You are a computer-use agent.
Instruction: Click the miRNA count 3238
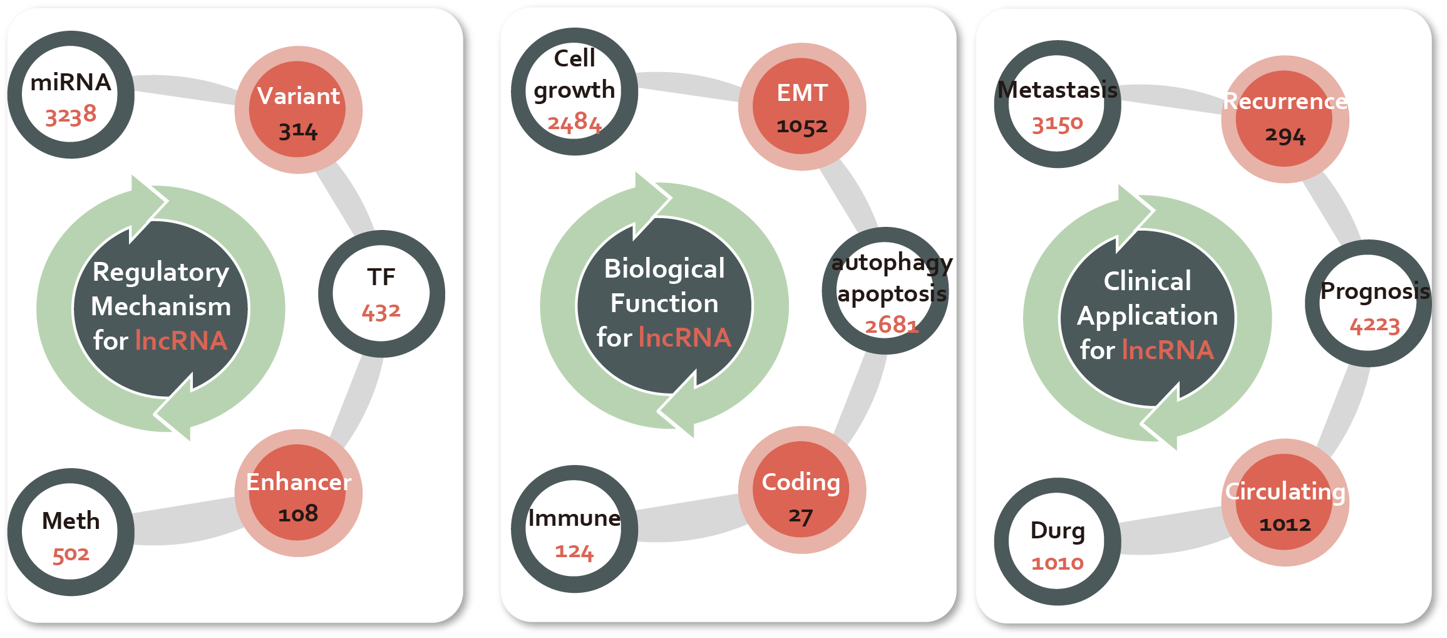click(71, 115)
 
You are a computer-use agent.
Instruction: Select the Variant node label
click(299, 96)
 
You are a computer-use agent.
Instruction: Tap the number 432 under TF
click(381, 311)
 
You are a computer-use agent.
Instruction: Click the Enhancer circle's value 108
click(298, 514)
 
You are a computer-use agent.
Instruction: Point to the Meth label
click(71, 521)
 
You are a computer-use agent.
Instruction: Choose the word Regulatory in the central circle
click(161, 272)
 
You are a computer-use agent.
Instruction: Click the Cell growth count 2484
click(574, 122)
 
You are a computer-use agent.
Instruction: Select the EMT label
click(802, 93)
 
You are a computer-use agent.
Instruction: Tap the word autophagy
click(892, 263)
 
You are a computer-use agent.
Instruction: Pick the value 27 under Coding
click(800, 516)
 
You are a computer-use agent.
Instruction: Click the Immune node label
click(574, 518)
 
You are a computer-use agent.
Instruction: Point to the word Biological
click(664, 269)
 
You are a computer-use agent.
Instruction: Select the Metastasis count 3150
click(1057, 124)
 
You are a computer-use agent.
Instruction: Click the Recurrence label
click(1285, 101)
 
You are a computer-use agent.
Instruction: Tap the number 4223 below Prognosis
click(1374, 325)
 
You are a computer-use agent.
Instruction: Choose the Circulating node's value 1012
click(1285, 524)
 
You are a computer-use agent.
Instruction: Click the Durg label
click(1058, 530)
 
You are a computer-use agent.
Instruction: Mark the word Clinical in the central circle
click(1147, 281)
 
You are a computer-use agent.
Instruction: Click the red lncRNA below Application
click(1168, 350)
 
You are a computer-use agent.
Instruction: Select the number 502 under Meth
click(71, 555)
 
